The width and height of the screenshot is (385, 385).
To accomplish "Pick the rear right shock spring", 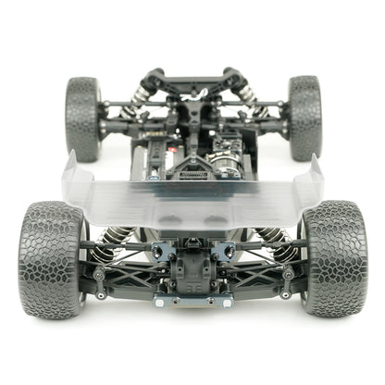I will [268, 242].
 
